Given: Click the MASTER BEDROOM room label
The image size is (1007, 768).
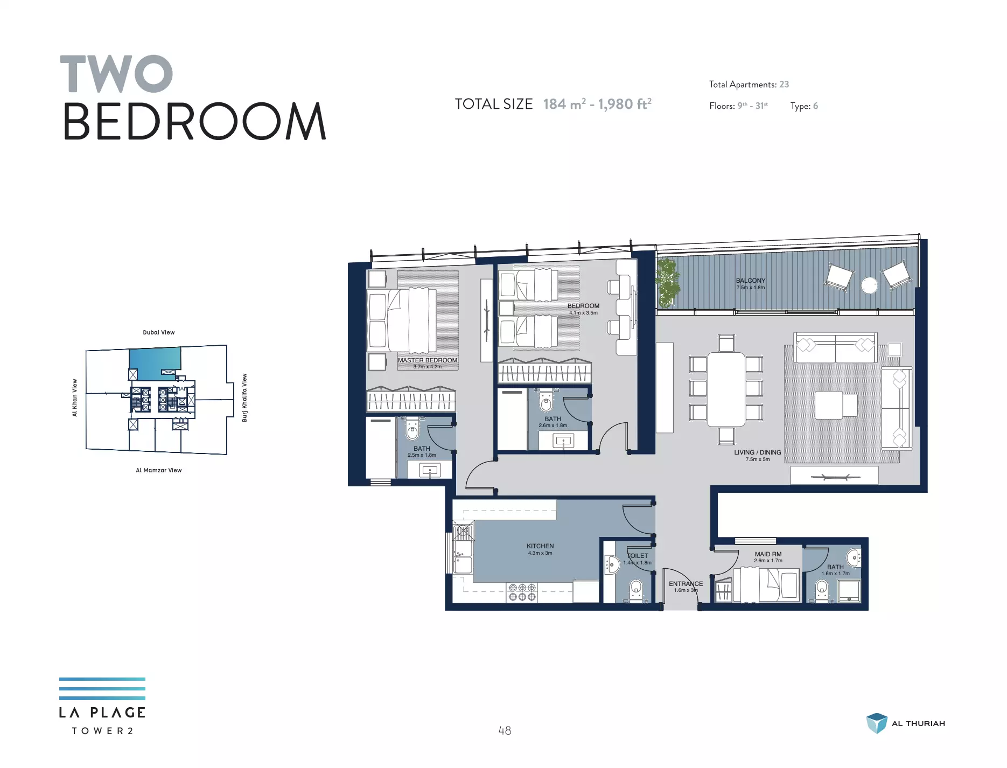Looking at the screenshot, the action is tap(428, 360).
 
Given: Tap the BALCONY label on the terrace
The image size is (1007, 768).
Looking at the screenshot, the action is tap(751, 281).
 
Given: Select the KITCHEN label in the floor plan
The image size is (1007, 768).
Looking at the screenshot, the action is tap(540, 546).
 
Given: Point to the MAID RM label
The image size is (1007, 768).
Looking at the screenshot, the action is tap(768, 554).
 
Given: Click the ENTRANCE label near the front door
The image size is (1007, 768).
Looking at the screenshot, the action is tap(686, 584).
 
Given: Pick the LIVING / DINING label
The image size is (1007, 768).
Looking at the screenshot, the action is tap(757, 452).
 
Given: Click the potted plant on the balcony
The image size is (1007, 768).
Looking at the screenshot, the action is tap(668, 282).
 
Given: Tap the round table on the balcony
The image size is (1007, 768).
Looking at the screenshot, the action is tap(869, 285).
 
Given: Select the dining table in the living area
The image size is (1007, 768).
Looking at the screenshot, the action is tap(726, 389).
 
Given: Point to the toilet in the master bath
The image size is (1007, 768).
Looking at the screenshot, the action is tap(412, 428).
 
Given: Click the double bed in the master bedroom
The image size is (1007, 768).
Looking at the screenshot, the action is tap(401, 320).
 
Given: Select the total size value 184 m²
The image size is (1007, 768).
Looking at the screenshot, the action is tap(564, 104).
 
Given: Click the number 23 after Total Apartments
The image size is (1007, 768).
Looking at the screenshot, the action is tap(784, 85).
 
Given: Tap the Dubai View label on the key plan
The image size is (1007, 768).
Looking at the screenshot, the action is tap(159, 332).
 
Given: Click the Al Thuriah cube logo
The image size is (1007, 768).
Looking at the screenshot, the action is tap(877, 723).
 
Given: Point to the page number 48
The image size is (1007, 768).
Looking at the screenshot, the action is tap(505, 731).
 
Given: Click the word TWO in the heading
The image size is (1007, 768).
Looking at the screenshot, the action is tap(116, 74).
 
